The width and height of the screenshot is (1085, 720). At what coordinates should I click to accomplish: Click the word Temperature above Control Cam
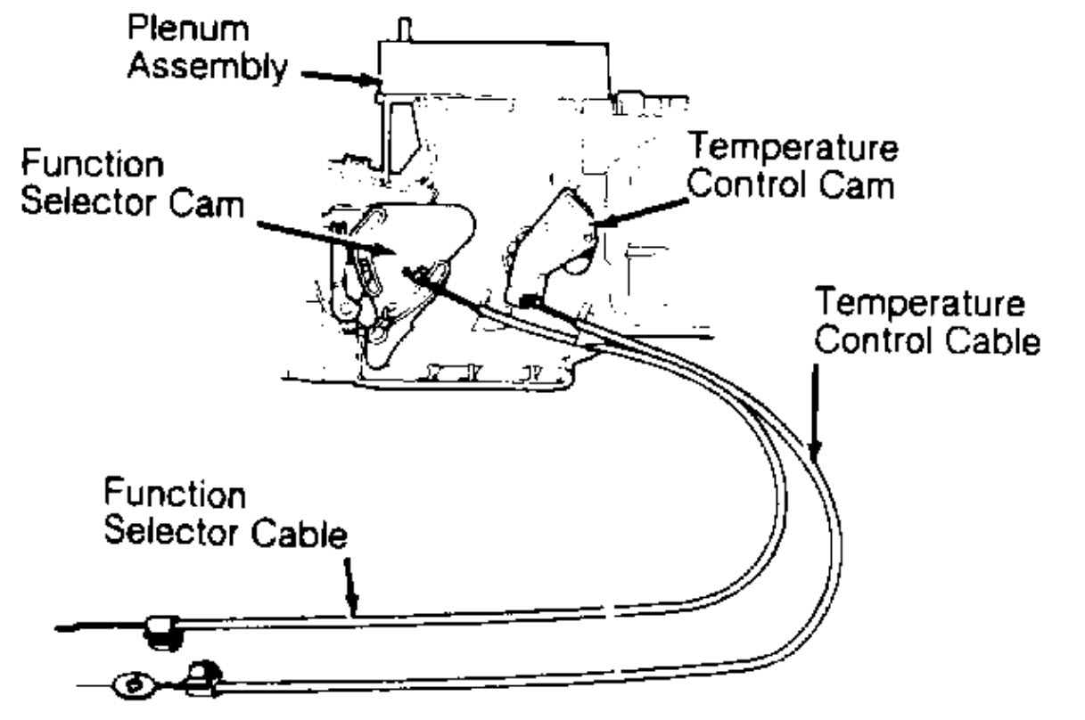coord(794,150)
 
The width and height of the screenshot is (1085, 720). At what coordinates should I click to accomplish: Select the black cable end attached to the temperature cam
coord(531,303)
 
